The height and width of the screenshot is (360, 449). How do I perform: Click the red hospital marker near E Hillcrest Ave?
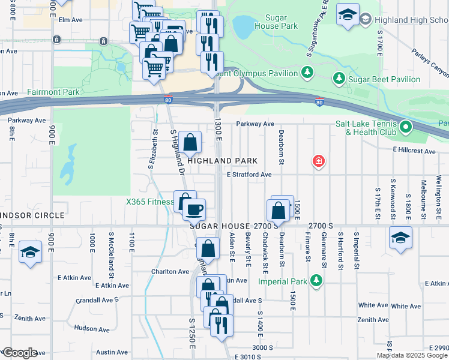pos(319,161)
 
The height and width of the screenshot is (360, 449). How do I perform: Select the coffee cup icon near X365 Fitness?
pos(194,209)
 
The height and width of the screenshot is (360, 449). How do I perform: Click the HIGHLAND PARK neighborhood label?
pos(222,161)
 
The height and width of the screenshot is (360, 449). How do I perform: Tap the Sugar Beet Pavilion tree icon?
pos(339,79)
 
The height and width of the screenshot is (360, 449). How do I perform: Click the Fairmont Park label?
pos(53,92)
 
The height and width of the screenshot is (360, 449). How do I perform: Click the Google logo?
pos(20,352)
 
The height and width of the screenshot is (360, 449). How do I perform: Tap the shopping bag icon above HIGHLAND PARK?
pos(190,143)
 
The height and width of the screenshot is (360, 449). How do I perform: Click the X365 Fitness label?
pos(149,202)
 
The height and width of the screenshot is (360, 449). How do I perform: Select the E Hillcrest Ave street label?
pos(414,151)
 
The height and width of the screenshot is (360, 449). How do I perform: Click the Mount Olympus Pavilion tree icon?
pos(307,73)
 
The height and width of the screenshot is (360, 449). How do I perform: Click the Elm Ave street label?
pos(70,20)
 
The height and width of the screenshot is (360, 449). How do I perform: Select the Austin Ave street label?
pos(112,352)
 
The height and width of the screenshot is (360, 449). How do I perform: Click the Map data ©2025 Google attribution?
pos(412,355)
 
